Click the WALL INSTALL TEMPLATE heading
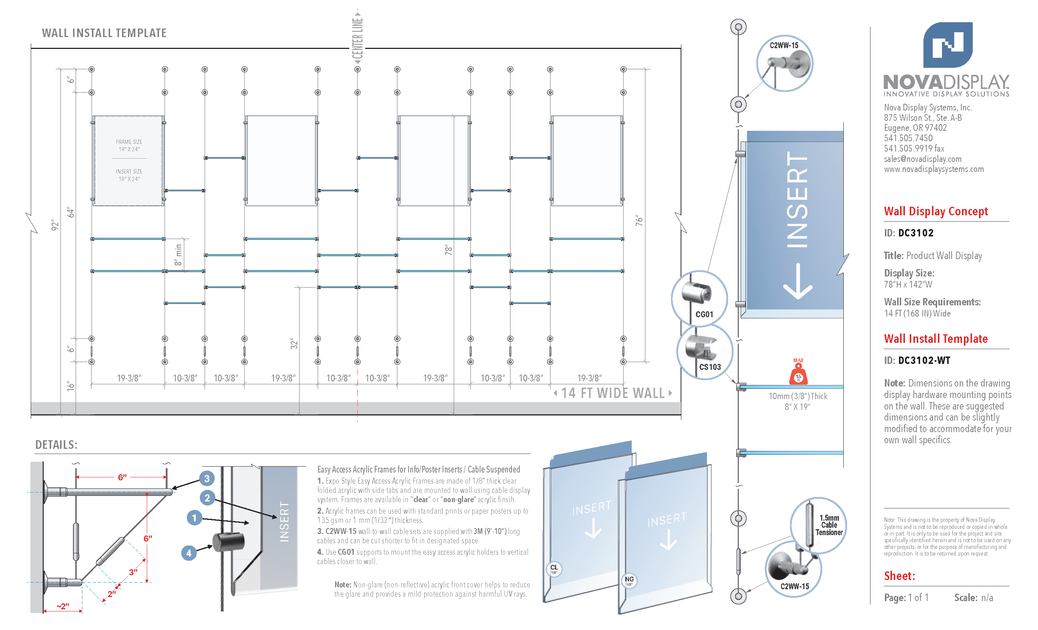pyautogui.click(x=104, y=33)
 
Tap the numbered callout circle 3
pyautogui.click(x=207, y=478)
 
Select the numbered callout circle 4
pyautogui.click(x=189, y=553)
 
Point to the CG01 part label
pyautogui.click(x=704, y=315)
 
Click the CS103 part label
pyautogui.click(x=710, y=367)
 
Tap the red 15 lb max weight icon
pyautogui.click(x=798, y=374)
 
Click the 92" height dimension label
pyautogui.click(x=55, y=225)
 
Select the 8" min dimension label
pyautogui.click(x=178, y=255)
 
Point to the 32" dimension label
pyautogui.click(x=294, y=344)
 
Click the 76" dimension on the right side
pyautogui.click(x=639, y=220)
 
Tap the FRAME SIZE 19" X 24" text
pyautogui.click(x=129, y=145)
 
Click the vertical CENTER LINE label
pyautogui.click(x=358, y=38)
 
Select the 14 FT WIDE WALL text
pyautogui.click(x=612, y=393)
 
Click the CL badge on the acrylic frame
pyautogui.click(x=554, y=569)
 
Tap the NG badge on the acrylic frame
pyautogui.click(x=629, y=580)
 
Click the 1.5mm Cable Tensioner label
pyautogui.click(x=829, y=525)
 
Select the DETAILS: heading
pyautogui.click(x=56, y=445)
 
